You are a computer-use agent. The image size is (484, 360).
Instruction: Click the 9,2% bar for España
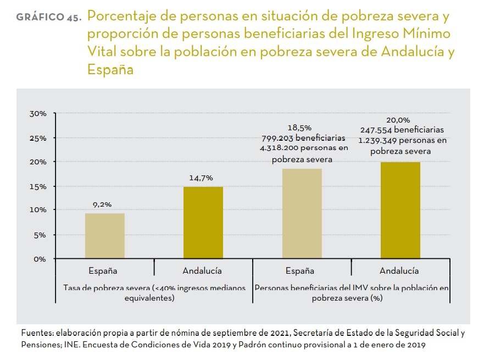tap(104, 235)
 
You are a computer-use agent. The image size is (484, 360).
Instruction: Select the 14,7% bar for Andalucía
tap(203, 222)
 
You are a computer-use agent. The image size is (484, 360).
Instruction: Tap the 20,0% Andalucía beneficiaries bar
tap(400, 210)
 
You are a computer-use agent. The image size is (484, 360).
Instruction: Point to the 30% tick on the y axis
tap(38, 114)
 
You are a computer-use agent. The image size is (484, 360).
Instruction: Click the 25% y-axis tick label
tap(38, 138)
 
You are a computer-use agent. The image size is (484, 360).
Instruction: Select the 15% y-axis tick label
tap(38, 186)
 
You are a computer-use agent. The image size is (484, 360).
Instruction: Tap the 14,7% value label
tap(201, 178)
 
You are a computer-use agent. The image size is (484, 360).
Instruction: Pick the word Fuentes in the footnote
tap(35, 333)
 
